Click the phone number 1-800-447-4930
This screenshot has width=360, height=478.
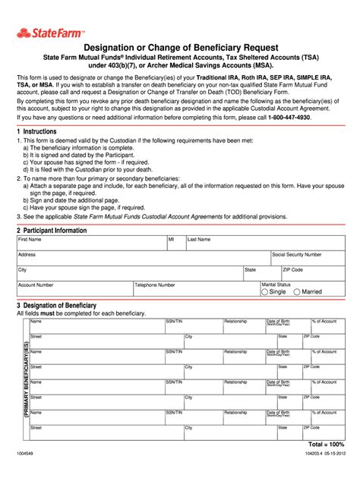(x=298, y=118)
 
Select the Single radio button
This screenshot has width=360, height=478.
(x=264, y=291)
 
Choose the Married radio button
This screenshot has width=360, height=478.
(x=298, y=291)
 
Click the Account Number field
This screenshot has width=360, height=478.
(x=74, y=289)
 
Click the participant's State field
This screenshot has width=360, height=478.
(x=261, y=273)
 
